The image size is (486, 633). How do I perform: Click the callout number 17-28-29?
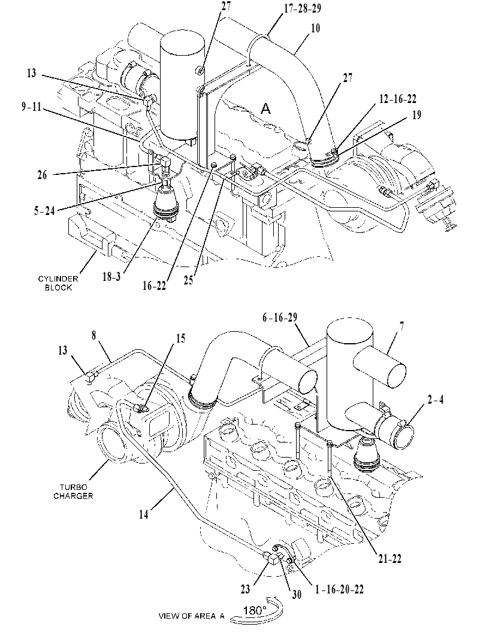click(x=303, y=9)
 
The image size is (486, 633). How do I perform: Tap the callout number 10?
click(x=316, y=28)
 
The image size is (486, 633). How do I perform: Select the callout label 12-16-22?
click(x=398, y=99)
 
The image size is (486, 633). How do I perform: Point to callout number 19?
click(x=416, y=115)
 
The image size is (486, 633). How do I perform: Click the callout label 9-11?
click(x=32, y=107)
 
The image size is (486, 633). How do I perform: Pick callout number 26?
click(x=42, y=175)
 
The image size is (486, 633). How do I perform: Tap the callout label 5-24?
click(x=44, y=211)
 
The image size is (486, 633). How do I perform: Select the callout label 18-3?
click(x=111, y=277)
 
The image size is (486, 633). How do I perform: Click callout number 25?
click(x=188, y=280)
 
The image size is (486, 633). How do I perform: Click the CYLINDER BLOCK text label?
click(x=58, y=283)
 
